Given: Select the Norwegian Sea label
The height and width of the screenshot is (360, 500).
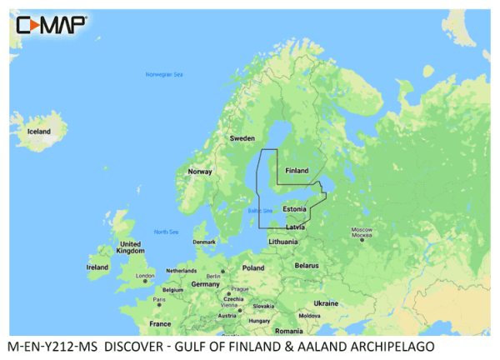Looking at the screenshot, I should tap(164, 75).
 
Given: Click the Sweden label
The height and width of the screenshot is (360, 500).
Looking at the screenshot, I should tap(242, 137).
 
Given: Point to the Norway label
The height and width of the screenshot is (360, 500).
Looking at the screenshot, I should tap(200, 172).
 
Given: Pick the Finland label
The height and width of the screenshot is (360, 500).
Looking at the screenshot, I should tap(297, 171).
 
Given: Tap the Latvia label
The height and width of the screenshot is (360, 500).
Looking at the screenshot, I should tap(296, 226).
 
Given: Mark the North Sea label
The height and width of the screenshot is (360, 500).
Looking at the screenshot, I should tap(167, 232).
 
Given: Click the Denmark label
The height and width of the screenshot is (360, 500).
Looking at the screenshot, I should tap(204, 242).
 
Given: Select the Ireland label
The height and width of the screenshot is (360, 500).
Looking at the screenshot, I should tap(97, 267).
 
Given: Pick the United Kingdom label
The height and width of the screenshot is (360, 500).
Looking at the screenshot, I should tap(130, 247).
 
